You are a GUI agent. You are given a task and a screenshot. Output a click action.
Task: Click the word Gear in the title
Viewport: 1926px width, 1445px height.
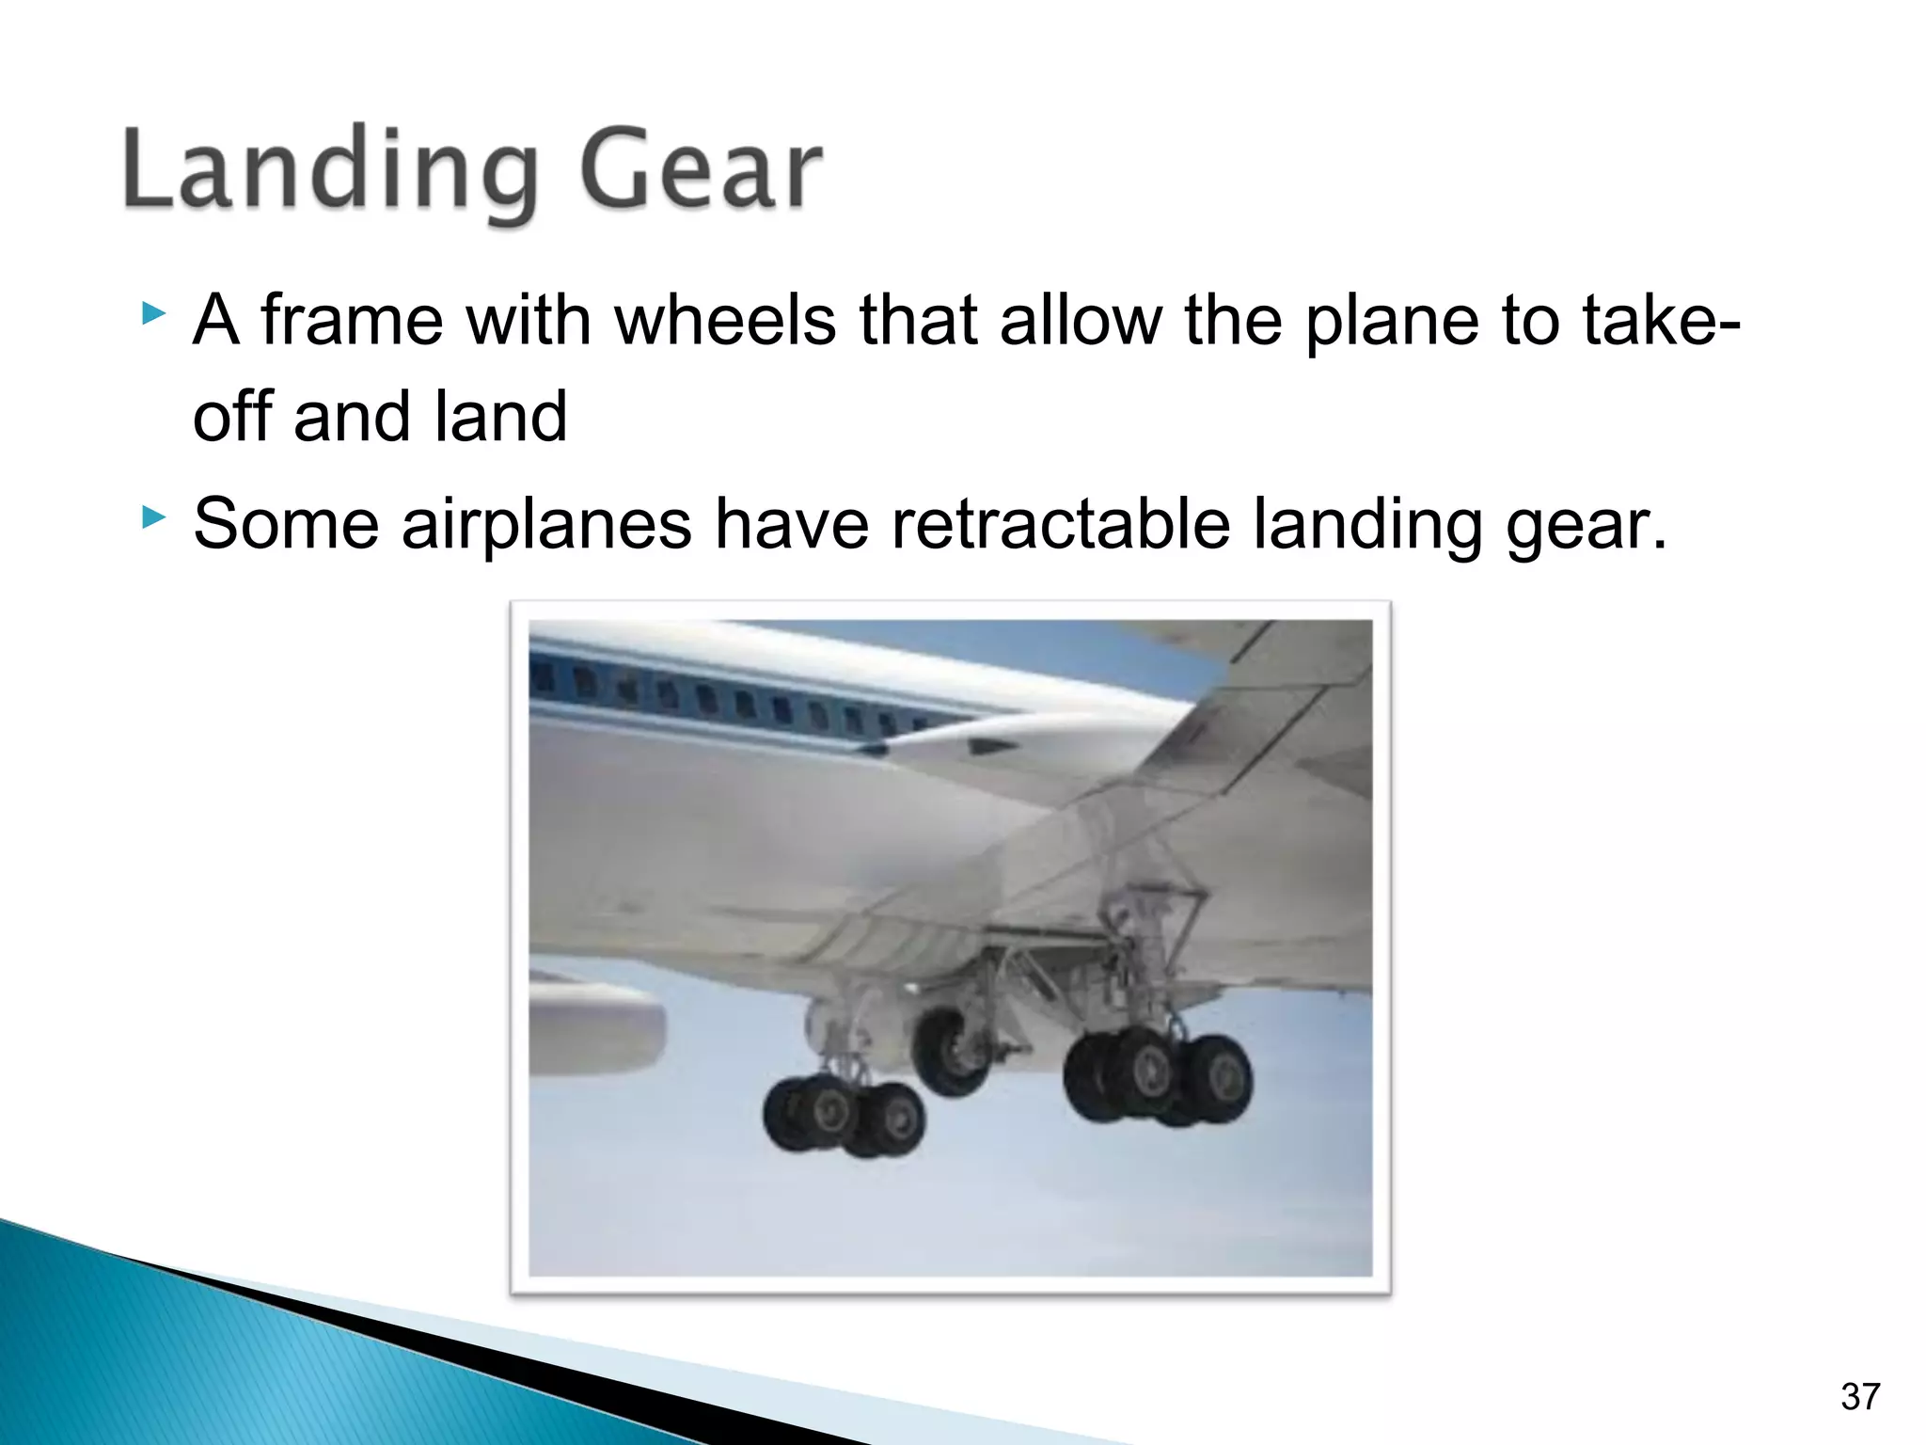701,171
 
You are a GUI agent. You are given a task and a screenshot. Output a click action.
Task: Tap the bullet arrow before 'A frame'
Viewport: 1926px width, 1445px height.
153,313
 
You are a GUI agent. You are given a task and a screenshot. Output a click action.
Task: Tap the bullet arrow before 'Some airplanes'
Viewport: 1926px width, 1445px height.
153,516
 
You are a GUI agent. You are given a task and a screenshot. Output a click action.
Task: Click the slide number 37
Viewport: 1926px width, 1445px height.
1860,1397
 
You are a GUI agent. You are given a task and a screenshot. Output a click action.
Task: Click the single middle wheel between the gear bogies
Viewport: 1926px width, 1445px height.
952,1051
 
